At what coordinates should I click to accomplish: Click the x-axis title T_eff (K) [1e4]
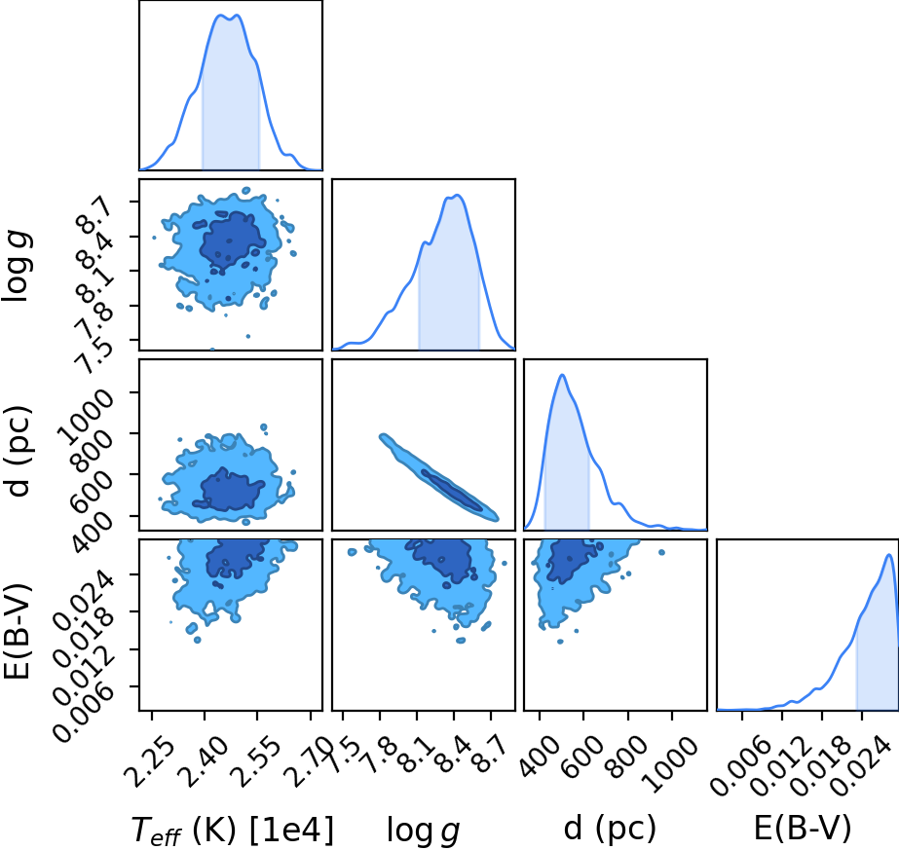(232, 830)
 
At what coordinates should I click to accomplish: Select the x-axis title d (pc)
(610, 828)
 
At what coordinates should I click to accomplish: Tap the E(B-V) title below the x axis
(803, 828)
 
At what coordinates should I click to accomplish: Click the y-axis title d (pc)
(18, 451)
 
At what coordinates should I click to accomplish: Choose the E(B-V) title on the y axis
(18, 631)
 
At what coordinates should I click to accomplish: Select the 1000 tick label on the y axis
(87, 415)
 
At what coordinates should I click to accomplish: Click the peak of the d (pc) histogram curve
(562, 375)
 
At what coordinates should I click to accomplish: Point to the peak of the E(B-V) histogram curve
(888, 555)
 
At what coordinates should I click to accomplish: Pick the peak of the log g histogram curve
(457, 196)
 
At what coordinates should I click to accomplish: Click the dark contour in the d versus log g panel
(451, 490)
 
